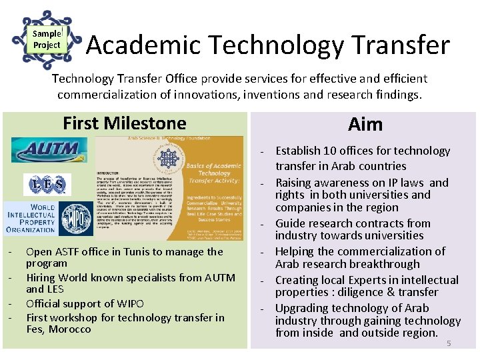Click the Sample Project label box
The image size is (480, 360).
click(x=47, y=39)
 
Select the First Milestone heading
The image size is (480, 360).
click(x=124, y=123)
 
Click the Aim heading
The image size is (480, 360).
click(x=365, y=124)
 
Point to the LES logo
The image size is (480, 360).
click(x=47, y=183)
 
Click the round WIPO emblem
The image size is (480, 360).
click(x=76, y=218)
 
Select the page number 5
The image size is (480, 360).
click(x=449, y=343)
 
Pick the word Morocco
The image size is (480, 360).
click(x=69, y=329)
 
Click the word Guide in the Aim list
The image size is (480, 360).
click(x=290, y=223)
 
